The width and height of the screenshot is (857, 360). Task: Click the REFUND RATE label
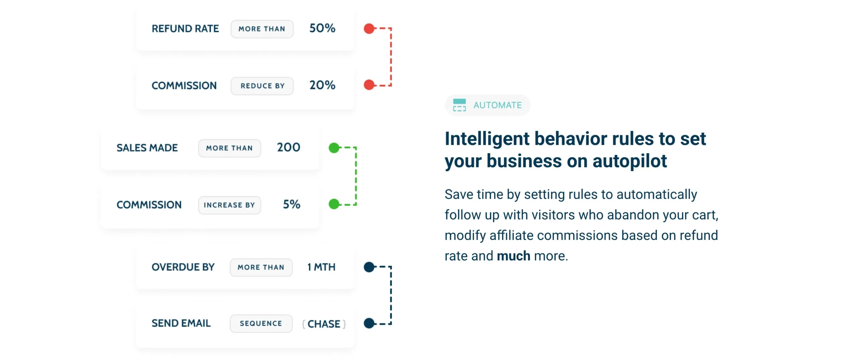(x=185, y=29)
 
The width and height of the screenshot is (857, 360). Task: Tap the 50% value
(x=322, y=28)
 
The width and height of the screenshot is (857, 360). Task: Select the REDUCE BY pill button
(x=262, y=86)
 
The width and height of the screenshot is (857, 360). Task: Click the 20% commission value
(x=322, y=85)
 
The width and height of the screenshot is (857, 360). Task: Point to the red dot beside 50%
(x=369, y=29)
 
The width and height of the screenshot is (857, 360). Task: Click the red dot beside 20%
(x=369, y=85)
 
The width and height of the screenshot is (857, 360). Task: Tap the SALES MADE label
(x=147, y=148)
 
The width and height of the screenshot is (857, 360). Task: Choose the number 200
(x=289, y=147)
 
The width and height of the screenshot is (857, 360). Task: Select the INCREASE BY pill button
(x=229, y=205)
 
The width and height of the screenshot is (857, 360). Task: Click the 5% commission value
(x=292, y=204)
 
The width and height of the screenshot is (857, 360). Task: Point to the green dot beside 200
(x=334, y=148)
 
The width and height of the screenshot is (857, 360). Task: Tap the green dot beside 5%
(x=334, y=204)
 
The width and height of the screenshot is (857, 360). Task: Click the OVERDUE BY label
(x=183, y=267)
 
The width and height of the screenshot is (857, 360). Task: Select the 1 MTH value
(x=321, y=267)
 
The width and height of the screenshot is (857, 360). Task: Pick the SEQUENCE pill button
(x=261, y=324)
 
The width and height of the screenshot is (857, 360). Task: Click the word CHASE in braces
(x=324, y=324)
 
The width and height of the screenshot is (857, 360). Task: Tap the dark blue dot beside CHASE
(x=369, y=323)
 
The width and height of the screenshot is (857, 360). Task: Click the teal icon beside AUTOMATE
(x=459, y=105)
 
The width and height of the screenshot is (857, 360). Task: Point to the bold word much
(x=514, y=256)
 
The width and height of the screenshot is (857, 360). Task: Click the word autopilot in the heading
(x=630, y=161)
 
